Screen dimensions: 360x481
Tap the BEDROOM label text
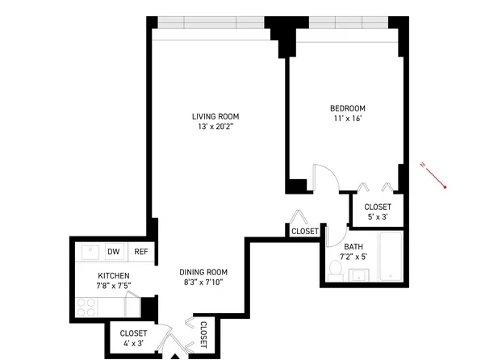[x=348, y=109]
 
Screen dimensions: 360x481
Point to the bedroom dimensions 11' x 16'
[x=348, y=119]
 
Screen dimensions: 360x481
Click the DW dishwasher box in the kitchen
[x=113, y=252]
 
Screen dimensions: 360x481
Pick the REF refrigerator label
[x=140, y=252]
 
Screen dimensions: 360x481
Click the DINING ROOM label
[x=203, y=272]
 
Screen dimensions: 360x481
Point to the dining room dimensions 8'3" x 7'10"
[x=203, y=283]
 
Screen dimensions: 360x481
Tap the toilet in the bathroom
[x=335, y=270]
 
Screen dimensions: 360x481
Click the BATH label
[x=353, y=247]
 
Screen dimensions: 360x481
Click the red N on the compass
[x=423, y=166]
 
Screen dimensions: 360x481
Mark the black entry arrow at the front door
[x=176, y=355]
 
